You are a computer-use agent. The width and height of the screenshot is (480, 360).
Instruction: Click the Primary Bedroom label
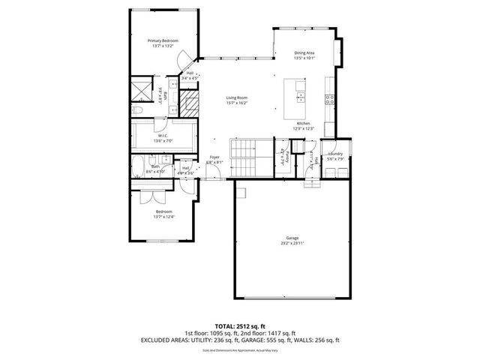163,43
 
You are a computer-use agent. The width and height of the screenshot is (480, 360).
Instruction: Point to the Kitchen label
303,125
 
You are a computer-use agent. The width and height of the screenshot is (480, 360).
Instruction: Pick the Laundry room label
334,156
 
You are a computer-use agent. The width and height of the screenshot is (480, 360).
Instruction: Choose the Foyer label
215,160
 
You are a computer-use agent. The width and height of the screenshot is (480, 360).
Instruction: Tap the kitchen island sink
300,98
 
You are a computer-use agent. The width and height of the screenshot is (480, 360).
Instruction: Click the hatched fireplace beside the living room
190,103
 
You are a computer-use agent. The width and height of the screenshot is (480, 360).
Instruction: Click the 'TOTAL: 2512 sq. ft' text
239,325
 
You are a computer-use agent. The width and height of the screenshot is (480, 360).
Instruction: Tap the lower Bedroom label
164,215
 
